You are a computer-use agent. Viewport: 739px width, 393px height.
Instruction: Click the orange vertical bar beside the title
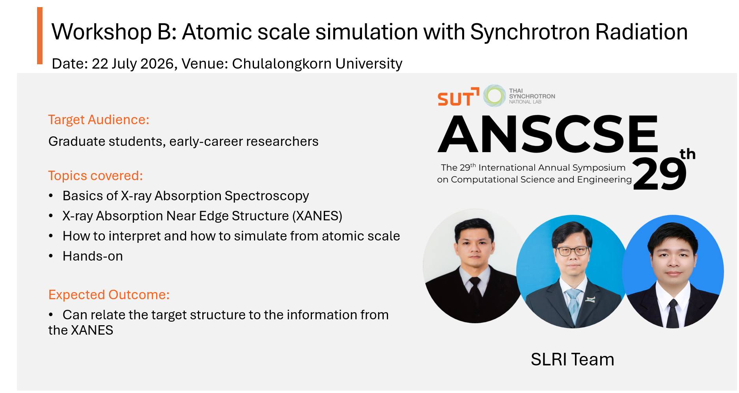tap(40, 35)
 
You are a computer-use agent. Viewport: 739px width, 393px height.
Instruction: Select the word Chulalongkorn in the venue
tap(281, 63)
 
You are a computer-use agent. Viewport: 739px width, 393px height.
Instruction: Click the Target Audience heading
tap(99, 120)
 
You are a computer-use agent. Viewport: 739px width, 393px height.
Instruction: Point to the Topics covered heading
tap(95, 176)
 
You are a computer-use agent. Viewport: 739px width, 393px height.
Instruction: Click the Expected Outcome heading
tap(109, 295)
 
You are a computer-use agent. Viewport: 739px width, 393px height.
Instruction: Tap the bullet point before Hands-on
tap(51, 256)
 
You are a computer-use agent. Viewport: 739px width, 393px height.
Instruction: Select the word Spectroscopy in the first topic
tap(267, 196)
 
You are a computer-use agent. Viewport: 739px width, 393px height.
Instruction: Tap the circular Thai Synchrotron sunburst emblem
tap(495, 96)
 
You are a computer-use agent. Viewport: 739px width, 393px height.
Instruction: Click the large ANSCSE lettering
tap(548, 134)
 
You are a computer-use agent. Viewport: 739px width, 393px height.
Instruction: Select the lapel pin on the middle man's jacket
tap(590, 299)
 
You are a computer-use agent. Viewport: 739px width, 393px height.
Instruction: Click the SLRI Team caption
tap(572, 359)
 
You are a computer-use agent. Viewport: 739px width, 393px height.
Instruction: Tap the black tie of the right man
tap(673, 314)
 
